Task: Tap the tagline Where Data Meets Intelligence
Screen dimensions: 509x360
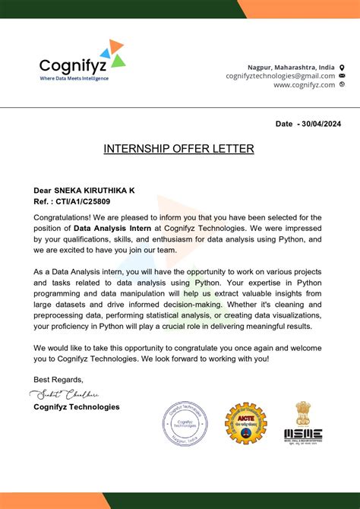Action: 74,78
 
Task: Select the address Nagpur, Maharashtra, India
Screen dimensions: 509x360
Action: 291,67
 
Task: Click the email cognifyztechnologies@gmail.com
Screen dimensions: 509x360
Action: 280,76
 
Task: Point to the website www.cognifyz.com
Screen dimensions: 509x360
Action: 304,85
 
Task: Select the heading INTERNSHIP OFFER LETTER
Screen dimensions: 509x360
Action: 178,149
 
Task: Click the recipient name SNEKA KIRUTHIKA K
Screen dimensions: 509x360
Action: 96,190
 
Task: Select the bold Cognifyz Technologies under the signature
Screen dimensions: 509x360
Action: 76,407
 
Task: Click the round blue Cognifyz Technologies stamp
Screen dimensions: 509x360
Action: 185,425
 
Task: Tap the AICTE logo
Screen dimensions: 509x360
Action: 245,424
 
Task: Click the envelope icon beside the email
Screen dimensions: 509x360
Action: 342,76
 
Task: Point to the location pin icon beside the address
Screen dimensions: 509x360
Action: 342,67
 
